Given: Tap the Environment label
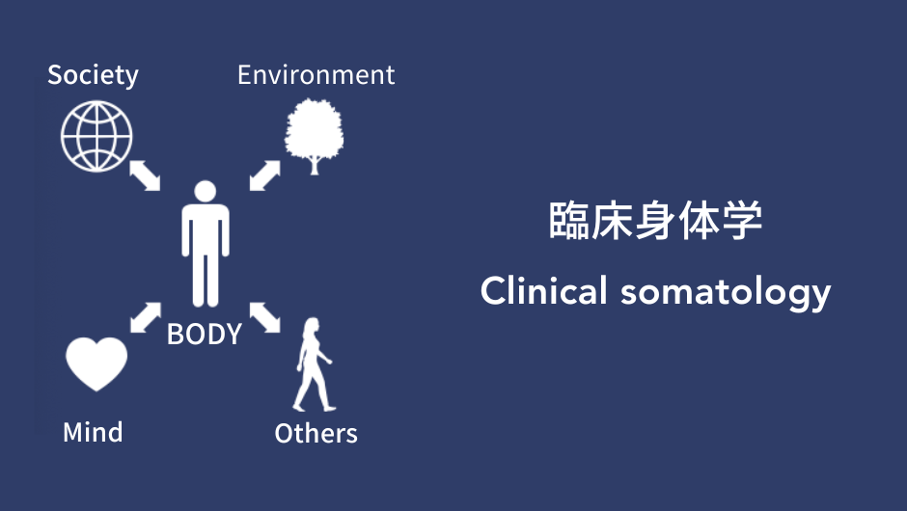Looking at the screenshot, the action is click(x=316, y=75).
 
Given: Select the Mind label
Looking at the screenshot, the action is click(x=93, y=432).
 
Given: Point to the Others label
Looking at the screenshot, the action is click(x=316, y=433).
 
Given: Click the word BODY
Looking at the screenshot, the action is click(x=205, y=335).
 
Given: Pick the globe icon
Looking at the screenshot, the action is click(x=96, y=136).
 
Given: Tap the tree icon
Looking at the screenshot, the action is click(x=315, y=136).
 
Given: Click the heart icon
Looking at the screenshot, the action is click(x=96, y=364).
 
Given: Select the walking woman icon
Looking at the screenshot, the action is click(x=315, y=364).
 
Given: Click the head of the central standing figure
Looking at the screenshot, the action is click(x=206, y=191).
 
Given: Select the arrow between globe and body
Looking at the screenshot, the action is click(x=145, y=175).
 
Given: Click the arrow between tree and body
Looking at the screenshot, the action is click(x=265, y=175).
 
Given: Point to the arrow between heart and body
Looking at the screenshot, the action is click(x=145, y=317).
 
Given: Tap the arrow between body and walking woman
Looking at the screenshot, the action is click(x=265, y=317).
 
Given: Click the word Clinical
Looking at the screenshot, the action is click(x=544, y=290).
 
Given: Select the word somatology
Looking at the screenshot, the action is click(x=726, y=293).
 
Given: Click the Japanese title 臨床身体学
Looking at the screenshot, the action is click(x=655, y=220).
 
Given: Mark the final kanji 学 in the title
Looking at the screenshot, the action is click(x=742, y=220).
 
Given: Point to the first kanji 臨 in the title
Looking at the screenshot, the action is click(x=568, y=220).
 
